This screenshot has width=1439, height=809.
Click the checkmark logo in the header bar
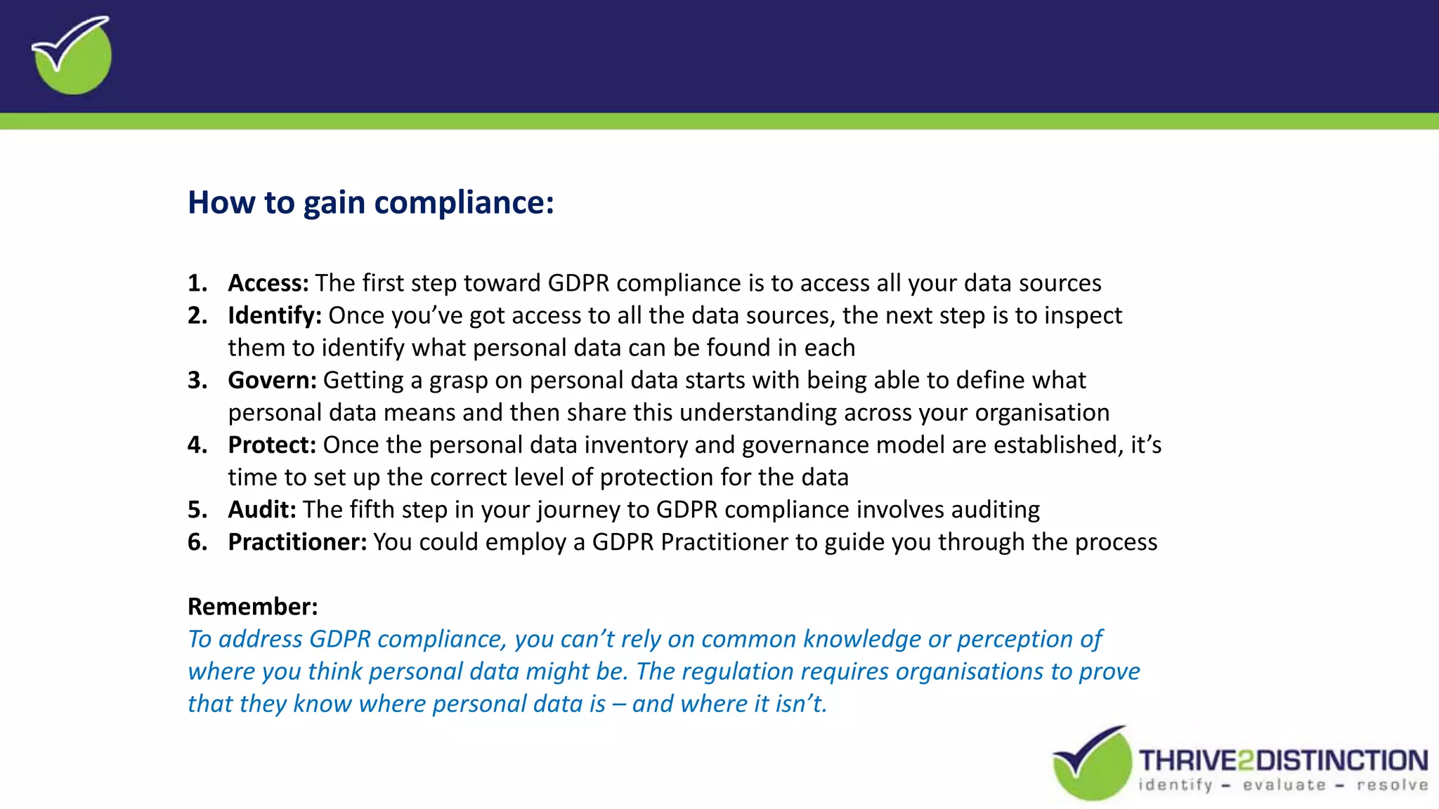point(72,55)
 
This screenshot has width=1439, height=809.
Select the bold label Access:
point(268,283)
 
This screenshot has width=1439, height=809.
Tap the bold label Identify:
point(275,315)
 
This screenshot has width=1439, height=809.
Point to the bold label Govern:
point(273,380)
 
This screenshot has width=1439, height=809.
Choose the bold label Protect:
point(272,445)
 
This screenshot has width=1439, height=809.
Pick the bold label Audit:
point(262,509)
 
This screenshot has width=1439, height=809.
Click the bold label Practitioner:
point(297,541)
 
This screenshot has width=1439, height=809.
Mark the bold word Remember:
point(253,606)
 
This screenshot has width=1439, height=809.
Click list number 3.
point(197,380)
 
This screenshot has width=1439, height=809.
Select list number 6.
point(197,541)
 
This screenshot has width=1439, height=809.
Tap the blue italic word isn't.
point(800,704)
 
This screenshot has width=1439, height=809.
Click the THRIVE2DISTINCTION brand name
point(1283,761)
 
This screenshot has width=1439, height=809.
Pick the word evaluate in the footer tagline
point(1284,785)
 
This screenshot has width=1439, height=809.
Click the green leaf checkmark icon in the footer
point(1091,764)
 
